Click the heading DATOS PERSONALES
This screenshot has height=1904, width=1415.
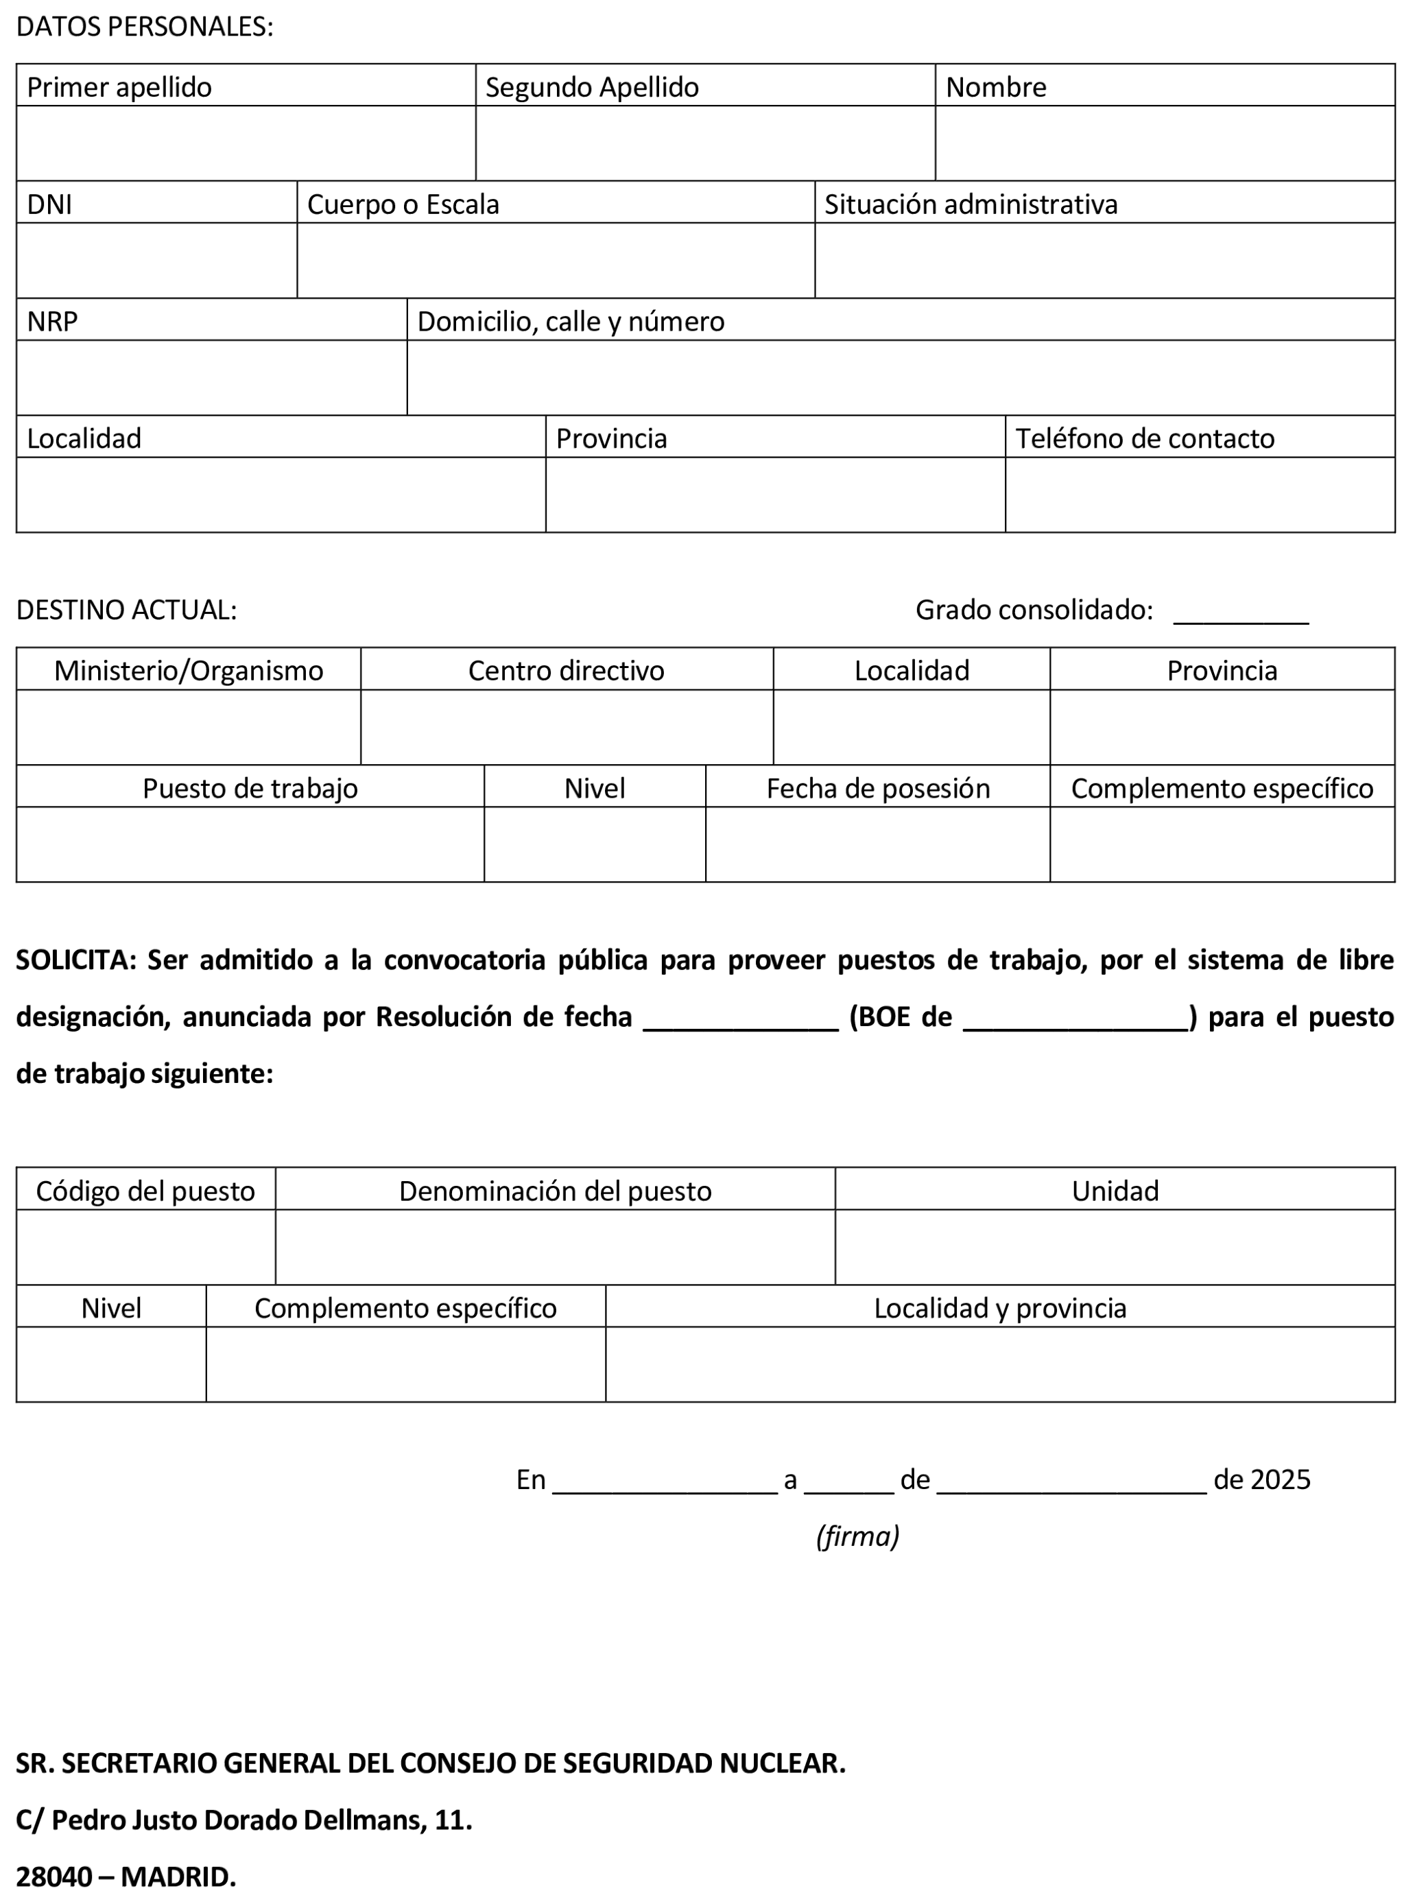[144, 27]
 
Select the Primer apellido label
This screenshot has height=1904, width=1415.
[119, 87]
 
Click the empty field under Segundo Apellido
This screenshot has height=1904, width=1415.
[705, 143]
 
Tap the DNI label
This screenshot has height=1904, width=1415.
[49, 204]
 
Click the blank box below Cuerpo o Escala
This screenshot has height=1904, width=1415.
[555, 261]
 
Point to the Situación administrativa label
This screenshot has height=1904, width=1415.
[971, 204]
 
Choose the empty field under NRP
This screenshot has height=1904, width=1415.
[211, 378]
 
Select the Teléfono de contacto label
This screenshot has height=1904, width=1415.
[1144, 438]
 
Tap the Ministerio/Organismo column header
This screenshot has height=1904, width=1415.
[189, 671]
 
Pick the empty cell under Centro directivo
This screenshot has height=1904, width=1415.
[566, 727]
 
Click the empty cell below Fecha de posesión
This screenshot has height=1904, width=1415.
[877, 844]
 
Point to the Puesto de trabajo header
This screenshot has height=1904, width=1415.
[250, 788]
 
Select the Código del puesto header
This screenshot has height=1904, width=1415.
[145, 1191]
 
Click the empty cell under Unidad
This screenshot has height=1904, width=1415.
[1115, 1247]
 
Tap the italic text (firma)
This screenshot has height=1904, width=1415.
[857, 1536]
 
